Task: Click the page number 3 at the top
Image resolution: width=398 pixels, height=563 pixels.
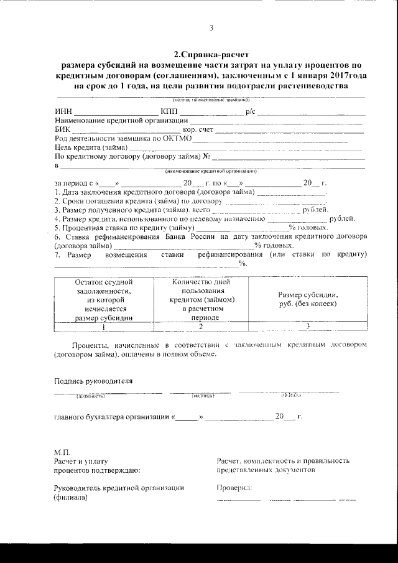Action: (211, 28)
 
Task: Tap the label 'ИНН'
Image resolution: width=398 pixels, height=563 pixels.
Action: (63, 111)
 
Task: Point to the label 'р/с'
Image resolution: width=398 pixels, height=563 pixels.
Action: (250, 111)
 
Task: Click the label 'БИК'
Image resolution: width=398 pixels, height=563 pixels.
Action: (63, 129)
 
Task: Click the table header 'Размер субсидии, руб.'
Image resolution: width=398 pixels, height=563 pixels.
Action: (308, 299)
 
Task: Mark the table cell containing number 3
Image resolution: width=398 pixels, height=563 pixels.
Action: (308, 325)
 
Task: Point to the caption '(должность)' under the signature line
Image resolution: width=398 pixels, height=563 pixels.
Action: (90, 395)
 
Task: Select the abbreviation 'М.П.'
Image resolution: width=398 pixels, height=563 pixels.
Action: (63, 451)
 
